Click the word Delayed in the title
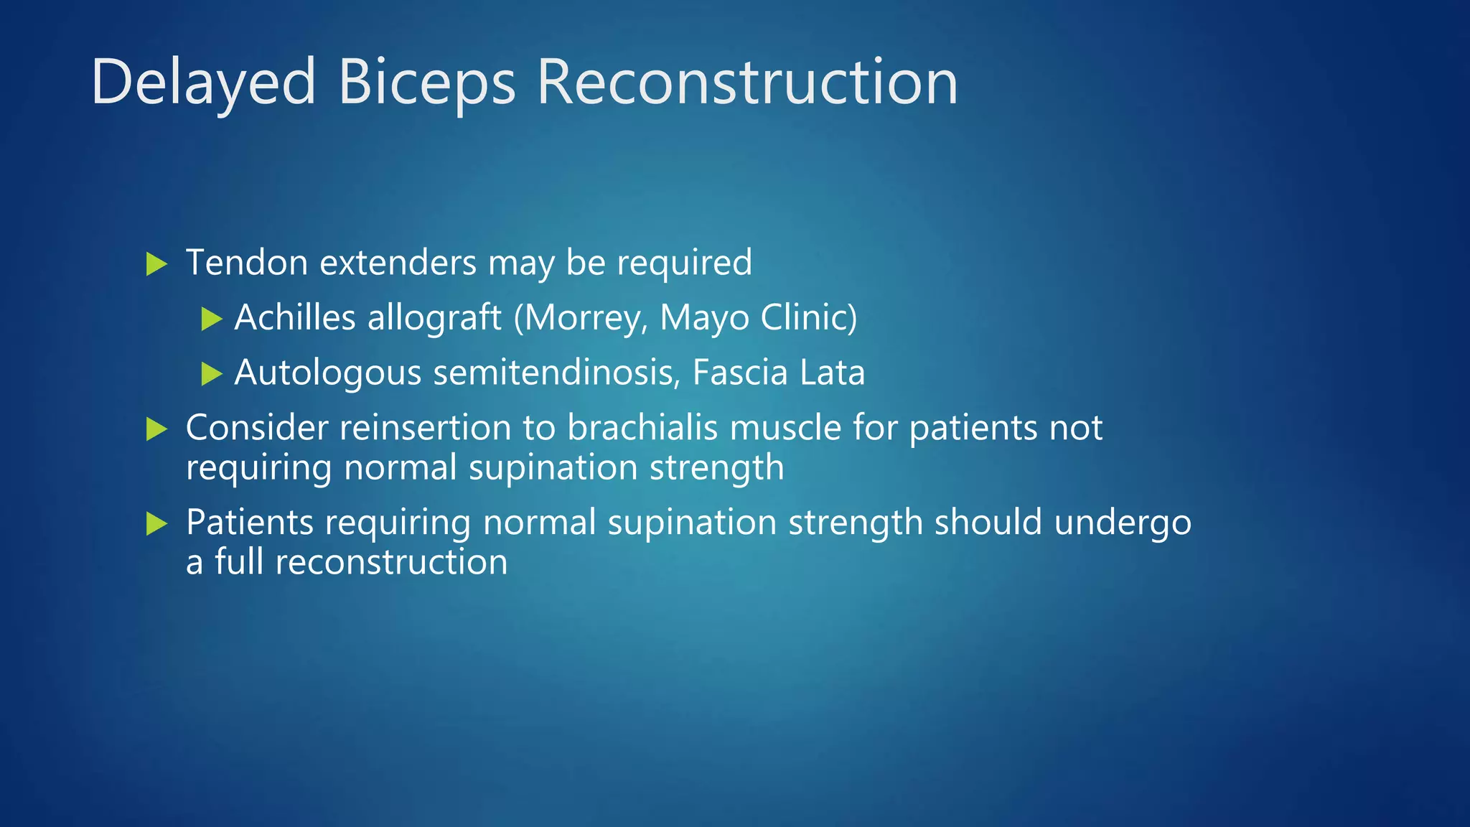203,83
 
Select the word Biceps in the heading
426,83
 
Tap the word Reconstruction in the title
746,83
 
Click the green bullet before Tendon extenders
156,263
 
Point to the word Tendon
246,263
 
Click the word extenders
398,263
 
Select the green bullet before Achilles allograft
211,319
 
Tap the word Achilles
295,317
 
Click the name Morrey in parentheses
581,317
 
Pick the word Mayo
704,317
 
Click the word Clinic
807,317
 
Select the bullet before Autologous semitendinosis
211,374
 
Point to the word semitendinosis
556,373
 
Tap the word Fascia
740,373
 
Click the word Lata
832,373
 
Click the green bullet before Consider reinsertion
156,429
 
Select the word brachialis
642,428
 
